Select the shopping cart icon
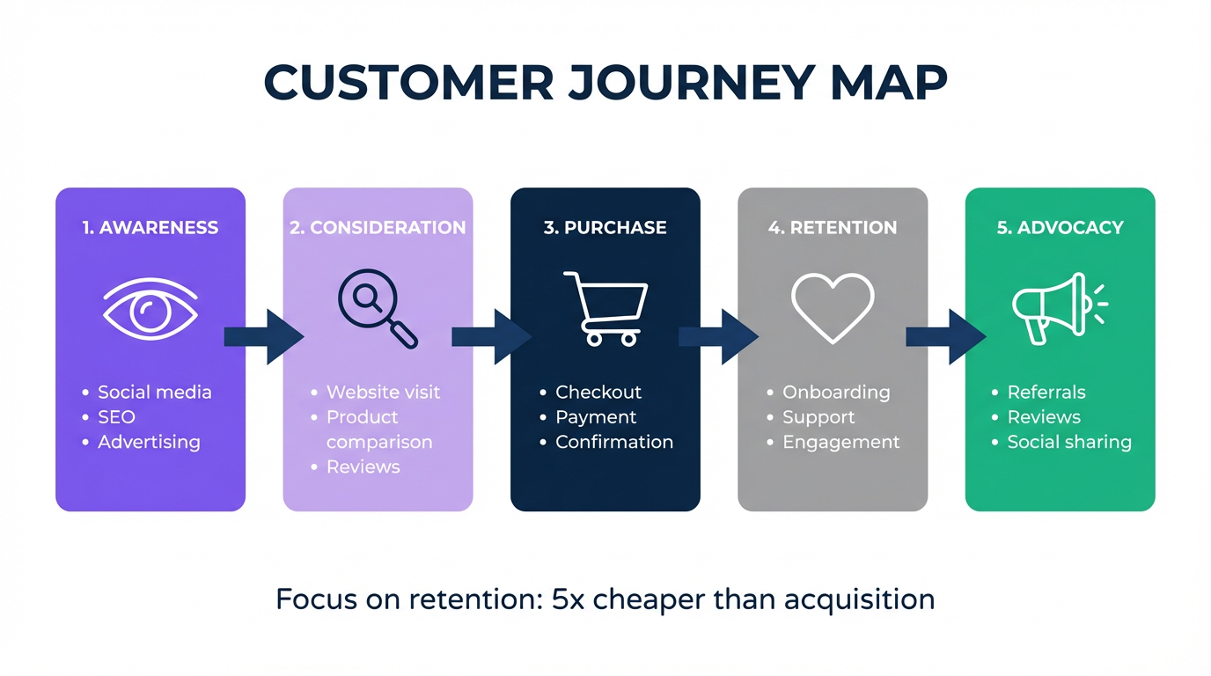(x=605, y=308)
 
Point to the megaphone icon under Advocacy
(x=1055, y=308)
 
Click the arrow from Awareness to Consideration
(x=264, y=336)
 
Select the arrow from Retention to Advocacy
(x=945, y=336)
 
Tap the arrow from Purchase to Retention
(x=718, y=336)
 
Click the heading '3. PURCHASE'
(x=605, y=227)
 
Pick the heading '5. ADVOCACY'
(x=1060, y=227)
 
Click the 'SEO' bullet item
(x=116, y=417)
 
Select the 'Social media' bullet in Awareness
(x=154, y=392)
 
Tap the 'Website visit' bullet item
(x=383, y=392)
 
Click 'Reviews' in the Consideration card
(x=363, y=467)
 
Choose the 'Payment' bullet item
(x=595, y=417)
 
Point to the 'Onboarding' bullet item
(x=835, y=392)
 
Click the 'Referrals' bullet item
(x=1046, y=392)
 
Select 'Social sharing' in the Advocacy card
(x=1068, y=442)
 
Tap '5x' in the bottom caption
(x=568, y=599)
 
